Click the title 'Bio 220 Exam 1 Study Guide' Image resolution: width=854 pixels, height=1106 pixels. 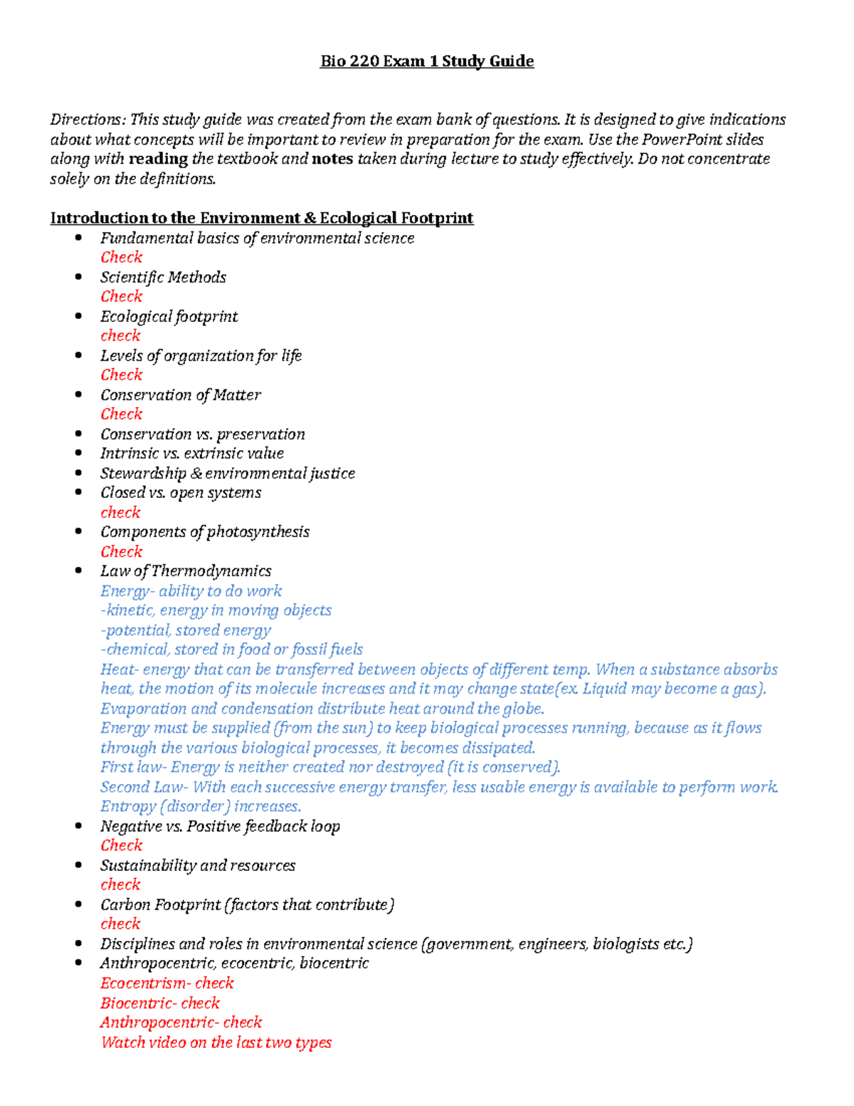(x=426, y=61)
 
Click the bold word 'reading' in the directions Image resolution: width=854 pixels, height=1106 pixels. (x=158, y=159)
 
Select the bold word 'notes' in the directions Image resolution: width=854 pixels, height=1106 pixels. (x=332, y=159)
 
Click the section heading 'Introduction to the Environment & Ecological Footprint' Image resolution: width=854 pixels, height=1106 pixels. (x=261, y=218)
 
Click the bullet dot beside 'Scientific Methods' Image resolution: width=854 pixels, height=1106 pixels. (x=78, y=277)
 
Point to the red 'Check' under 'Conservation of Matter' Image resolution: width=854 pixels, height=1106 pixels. (x=121, y=414)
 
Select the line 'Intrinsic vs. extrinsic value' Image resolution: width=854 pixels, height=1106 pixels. (x=191, y=454)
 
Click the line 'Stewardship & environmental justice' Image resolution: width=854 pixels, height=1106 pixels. (x=227, y=474)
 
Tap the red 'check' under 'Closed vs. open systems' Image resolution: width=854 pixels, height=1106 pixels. (x=120, y=512)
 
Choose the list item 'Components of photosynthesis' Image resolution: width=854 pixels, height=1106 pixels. (x=204, y=532)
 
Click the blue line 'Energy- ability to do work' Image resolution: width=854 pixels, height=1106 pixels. (x=191, y=591)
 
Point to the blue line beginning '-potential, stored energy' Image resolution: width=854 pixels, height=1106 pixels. (x=186, y=630)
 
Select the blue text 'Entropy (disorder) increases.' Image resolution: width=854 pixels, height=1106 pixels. (x=200, y=806)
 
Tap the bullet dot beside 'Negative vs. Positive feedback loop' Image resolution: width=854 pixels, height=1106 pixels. (x=78, y=826)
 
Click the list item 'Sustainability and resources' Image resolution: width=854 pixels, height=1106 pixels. (x=197, y=865)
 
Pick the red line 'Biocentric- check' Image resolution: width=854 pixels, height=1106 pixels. (x=159, y=1003)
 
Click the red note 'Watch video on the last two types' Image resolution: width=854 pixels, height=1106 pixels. (x=216, y=1043)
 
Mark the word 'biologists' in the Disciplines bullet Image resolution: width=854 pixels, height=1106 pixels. (x=626, y=944)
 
